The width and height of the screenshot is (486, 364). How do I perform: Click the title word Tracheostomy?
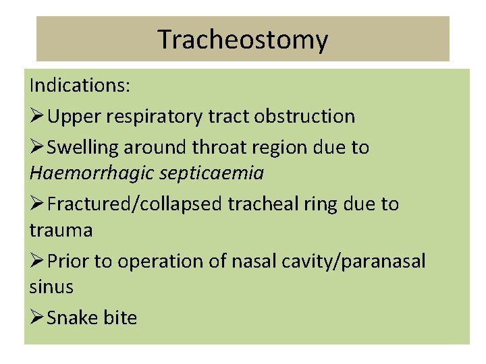(243, 40)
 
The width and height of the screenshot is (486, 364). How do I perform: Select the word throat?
(233, 146)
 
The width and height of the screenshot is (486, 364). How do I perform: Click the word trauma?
(61, 231)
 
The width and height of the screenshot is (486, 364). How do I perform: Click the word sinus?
(51, 287)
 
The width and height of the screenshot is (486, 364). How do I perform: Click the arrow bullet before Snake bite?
(38, 317)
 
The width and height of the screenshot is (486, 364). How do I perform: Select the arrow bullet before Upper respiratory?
(38, 116)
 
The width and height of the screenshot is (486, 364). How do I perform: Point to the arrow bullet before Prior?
(38, 261)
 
